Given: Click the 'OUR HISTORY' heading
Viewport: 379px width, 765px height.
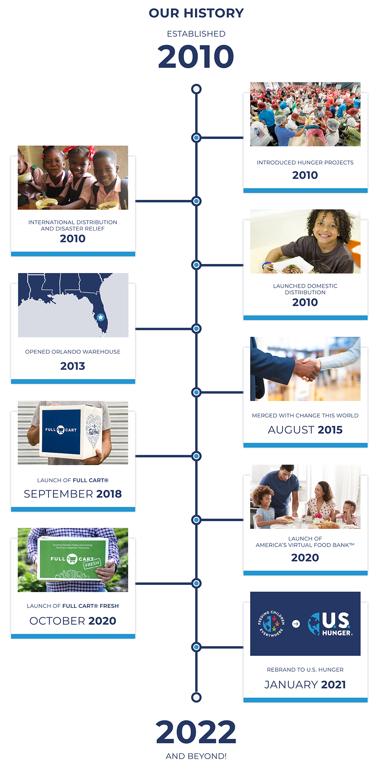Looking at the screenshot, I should coord(196,13).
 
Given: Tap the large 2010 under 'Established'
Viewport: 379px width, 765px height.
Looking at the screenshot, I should coord(196,56).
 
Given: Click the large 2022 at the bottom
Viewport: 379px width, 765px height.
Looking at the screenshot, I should coord(196,732).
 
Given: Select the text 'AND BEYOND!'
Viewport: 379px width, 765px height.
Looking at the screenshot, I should coord(196,756).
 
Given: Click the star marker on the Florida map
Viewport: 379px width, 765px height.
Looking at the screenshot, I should coord(100,317).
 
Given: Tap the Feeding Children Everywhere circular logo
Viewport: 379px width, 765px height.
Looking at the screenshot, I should coord(271,623).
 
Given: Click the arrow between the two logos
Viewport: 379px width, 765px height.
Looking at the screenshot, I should coord(296,624).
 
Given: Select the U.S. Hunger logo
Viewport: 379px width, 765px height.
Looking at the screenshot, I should coord(330,624).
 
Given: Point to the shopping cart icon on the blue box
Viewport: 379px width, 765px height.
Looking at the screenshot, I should coord(61,430).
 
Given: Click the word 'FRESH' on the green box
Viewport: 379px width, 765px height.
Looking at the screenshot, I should coord(92,564).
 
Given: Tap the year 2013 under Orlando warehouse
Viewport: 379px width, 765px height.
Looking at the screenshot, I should coord(73,366).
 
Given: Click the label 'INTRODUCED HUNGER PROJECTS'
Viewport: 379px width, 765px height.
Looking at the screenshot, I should coord(305,163).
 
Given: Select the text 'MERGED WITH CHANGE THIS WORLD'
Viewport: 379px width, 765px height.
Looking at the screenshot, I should coord(305,415).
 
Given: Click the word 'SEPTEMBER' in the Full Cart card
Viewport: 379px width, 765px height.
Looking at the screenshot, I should coord(58,494).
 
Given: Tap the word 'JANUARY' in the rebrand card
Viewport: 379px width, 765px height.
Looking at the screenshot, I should coord(291,685).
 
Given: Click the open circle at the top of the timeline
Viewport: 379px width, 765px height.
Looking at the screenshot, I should coord(196,89).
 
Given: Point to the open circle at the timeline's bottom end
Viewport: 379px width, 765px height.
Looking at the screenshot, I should coord(196,697).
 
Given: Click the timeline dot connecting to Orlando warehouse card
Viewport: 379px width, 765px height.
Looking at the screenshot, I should coord(196,329).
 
